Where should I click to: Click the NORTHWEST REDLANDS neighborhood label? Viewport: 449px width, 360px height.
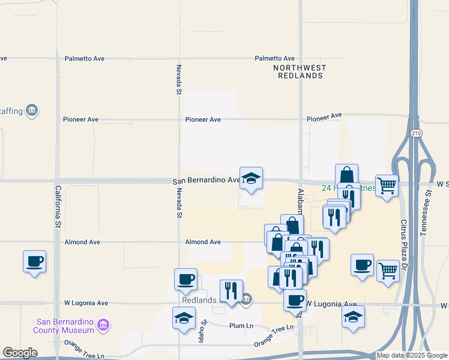pyautogui.click(x=298, y=72)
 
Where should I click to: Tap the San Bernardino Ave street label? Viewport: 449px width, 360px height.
pyautogui.click(x=206, y=181)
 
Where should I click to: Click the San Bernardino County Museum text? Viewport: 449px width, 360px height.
pyautogui.click(x=65, y=325)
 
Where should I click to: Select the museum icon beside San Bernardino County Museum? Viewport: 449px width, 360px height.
pyautogui.click(x=103, y=325)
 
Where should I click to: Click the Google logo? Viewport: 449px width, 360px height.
pyautogui.click(x=19, y=353)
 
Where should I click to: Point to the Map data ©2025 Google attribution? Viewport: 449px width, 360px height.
pyautogui.click(x=412, y=355)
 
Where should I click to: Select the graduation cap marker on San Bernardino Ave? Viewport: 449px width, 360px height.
pyautogui.click(x=252, y=178)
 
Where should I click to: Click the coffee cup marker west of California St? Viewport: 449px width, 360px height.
pyautogui.click(x=34, y=262)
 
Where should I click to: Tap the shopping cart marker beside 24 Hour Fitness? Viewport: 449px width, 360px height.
pyautogui.click(x=387, y=185)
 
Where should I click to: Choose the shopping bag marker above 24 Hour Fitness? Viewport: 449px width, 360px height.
pyautogui.click(x=346, y=175)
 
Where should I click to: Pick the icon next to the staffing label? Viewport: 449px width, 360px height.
pyautogui.click(x=32, y=110)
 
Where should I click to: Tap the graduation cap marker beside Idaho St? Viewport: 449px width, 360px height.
pyautogui.click(x=184, y=319)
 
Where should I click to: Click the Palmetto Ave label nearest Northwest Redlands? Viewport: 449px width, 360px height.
pyautogui.click(x=272, y=58)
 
